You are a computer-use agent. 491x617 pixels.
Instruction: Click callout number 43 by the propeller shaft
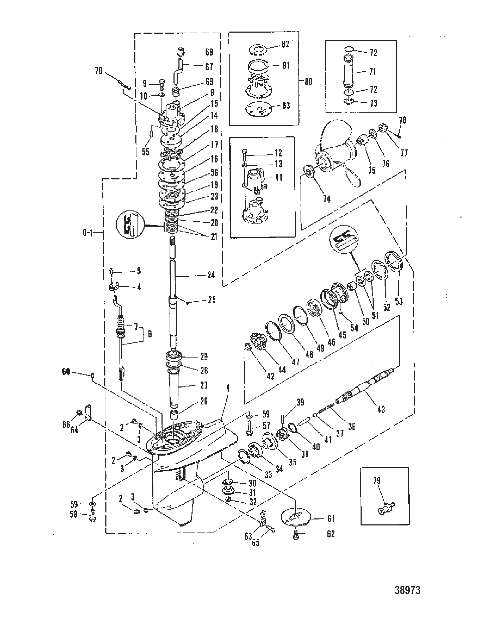pyautogui.click(x=381, y=409)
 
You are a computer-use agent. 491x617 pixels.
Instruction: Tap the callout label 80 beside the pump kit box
pyautogui.click(x=308, y=82)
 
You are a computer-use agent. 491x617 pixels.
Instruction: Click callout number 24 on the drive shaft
pyautogui.click(x=211, y=275)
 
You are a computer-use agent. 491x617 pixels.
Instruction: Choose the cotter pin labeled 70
pyautogui.click(x=124, y=84)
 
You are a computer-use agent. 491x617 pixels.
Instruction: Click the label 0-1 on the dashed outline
pyautogui.click(x=88, y=233)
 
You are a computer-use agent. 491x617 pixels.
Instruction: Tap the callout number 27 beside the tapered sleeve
pyautogui.click(x=203, y=385)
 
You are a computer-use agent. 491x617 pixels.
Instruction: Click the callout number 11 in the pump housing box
pyautogui.click(x=279, y=178)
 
